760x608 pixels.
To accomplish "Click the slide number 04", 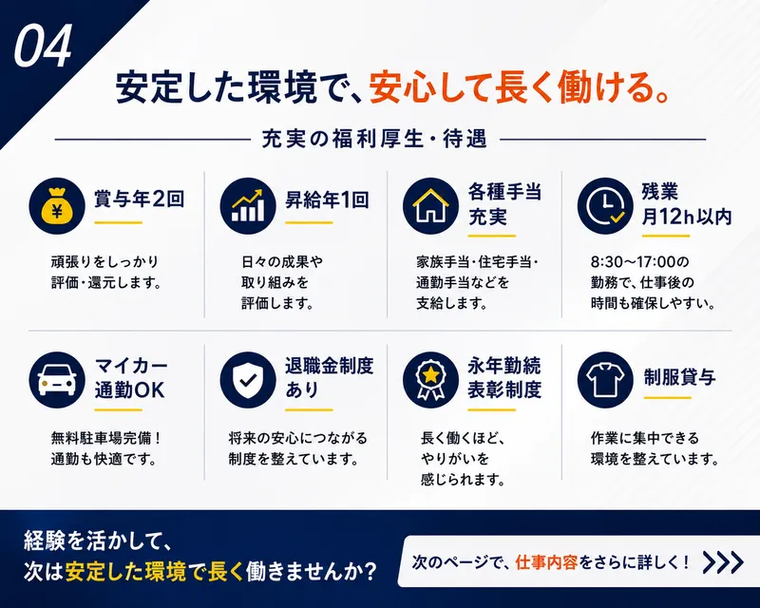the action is pyautogui.click(x=43, y=46).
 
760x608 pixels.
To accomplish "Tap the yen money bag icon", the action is pyautogui.click(x=57, y=205).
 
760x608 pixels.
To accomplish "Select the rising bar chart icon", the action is pyautogui.click(x=248, y=205).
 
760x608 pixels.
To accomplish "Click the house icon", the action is pyautogui.click(x=430, y=205).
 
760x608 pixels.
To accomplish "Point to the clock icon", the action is pyautogui.click(x=605, y=205).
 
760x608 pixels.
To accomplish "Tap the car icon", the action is pyautogui.click(x=57, y=380).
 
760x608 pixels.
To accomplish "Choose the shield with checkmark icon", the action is pyautogui.click(x=248, y=380).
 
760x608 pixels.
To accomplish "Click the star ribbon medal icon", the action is pyautogui.click(x=430, y=380).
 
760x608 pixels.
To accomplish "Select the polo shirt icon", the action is pyautogui.click(x=605, y=380).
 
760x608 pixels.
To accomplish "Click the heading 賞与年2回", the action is pyautogui.click(x=140, y=199).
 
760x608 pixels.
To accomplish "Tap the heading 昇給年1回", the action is pyautogui.click(x=327, y=199).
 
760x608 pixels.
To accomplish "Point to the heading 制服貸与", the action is pyautogui.click(x=679, y=377).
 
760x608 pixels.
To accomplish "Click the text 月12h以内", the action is pyautogui.click(x=686, y=217).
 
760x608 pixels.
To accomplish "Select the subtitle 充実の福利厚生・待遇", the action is pyautogui.click(x=374, y=139).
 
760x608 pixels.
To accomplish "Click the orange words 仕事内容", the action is pyautogui.click(x=546, y=562).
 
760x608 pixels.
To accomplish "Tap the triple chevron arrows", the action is pyautogui.click(x=723, y=562).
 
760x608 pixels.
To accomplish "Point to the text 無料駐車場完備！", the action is pyautogui.click(x=106, y=438).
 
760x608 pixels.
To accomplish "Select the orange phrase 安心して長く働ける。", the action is pyautogui.click(x=520, y=87).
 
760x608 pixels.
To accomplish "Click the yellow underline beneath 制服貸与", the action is pyautogui.click(x=667, y=398).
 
